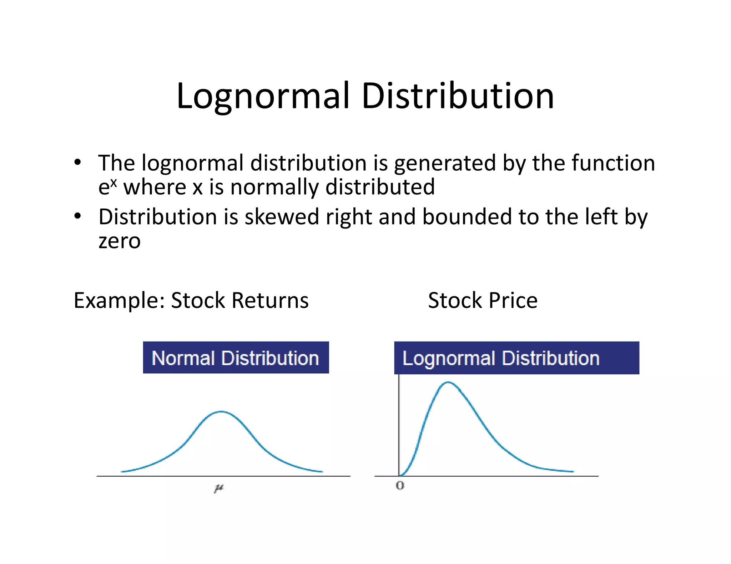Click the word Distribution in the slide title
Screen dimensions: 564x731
[458, 96]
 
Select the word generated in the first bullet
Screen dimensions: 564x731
[445, 164]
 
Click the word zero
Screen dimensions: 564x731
[120, 241]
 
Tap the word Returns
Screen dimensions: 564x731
[270, 301]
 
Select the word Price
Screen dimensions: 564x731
[513, 301]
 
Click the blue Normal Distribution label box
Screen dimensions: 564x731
[236, 358]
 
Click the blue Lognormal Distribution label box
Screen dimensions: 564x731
[516, 358]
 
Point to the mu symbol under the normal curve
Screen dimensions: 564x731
[219, 488]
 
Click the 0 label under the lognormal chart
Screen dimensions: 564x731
[400, 486]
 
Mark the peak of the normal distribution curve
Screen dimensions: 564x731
[221, 412]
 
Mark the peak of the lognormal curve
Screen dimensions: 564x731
[448, 383]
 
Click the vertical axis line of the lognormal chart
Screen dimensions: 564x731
[399, 428]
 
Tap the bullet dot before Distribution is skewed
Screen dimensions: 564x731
[77, 216]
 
